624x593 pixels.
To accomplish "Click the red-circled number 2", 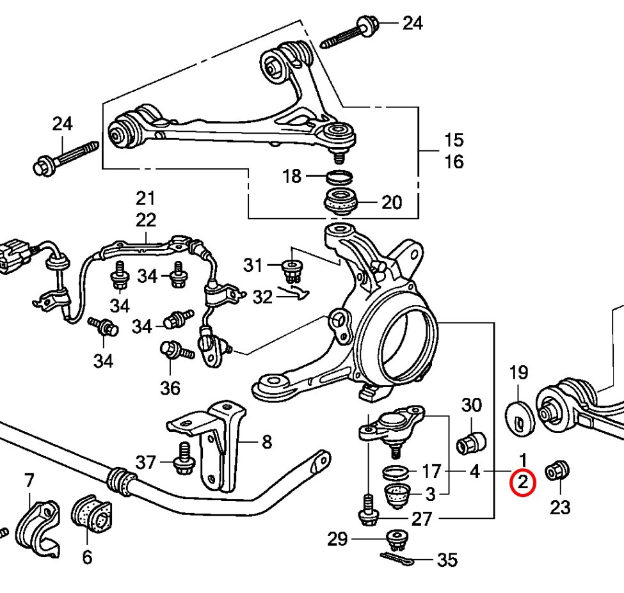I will click(x=523, y=484).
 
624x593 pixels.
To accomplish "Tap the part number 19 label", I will click(x=518, y=372).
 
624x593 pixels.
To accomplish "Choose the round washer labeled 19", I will click(x=520, y=416).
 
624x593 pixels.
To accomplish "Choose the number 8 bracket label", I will click(x=266, y=441).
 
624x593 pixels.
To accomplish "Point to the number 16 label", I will click(x=454, y=162).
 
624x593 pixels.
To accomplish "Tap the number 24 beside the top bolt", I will click(x=413, y=24).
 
